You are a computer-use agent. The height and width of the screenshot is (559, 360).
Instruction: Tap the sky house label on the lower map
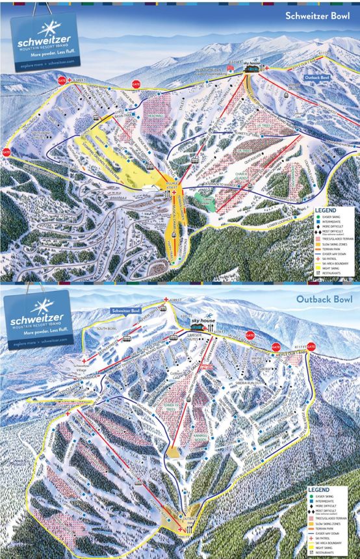pos(202,321)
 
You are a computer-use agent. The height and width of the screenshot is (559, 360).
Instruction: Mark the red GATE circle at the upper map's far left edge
pos(6,151)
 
